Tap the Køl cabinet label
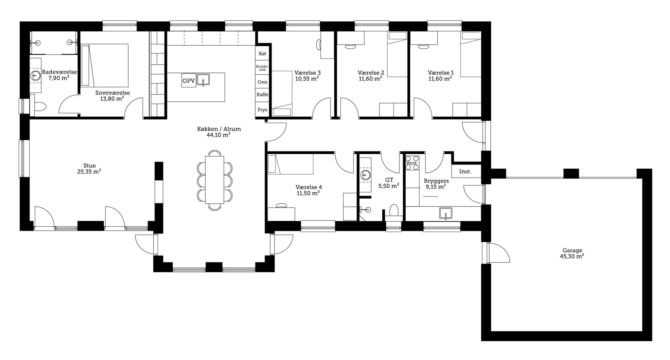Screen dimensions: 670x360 (x=262, y=53)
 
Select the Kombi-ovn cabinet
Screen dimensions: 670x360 (x=262, y=68)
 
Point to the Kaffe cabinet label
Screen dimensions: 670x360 (x=262, y=94)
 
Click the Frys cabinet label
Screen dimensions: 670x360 (x=262, y=110)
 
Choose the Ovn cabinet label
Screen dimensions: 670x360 (x=262, y=82)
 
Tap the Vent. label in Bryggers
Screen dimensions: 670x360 (x=412, y=163)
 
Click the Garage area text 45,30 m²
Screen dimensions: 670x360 (x=572, y=257)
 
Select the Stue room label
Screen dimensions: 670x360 (x=89, y=166)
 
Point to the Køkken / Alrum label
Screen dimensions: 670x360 (x=219, y=129)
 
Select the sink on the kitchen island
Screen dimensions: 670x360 (x=203, y=80)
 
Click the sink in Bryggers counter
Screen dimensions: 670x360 (x=446, y=214)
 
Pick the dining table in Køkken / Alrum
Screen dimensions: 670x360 (x=215, y=180)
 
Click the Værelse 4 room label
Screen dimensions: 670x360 (x=309, y=187)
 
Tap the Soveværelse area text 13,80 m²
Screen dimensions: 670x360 (x=112, y=98)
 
